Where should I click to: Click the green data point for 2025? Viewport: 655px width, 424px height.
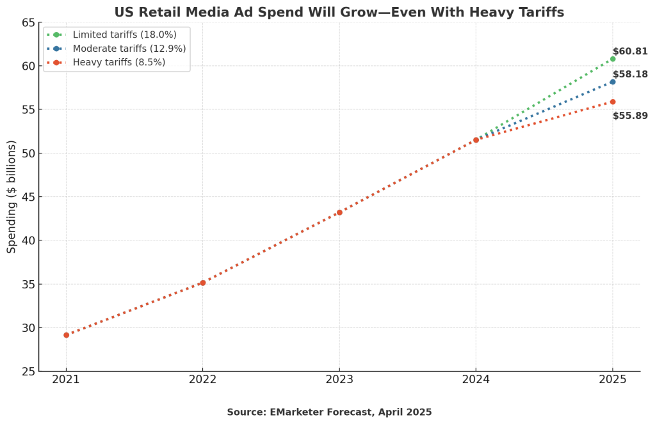click(613, 59)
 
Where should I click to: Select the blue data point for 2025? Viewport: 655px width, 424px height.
click(613, 82)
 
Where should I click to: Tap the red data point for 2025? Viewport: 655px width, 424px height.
click(613, 102)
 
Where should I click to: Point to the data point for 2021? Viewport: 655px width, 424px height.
click(66, 335)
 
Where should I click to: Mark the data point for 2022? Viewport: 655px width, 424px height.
click(203, 283)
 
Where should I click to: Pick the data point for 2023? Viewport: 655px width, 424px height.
click(339, 212)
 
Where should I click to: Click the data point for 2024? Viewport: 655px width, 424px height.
click(476, 140)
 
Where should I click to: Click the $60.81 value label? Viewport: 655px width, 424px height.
click(630, 51)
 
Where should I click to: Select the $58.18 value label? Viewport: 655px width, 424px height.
click(630, 74)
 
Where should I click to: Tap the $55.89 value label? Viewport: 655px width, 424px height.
click(630, 116)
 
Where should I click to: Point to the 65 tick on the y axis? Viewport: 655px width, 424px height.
click(29, 23)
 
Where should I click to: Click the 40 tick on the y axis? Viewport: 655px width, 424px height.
click(29, 240)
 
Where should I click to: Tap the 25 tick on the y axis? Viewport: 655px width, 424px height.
click(29, 372)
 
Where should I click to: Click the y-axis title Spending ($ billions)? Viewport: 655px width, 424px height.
click(12, 197)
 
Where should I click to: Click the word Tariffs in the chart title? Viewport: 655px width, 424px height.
click(540, 12)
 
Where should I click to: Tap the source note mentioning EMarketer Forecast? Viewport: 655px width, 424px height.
click(329, 412)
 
